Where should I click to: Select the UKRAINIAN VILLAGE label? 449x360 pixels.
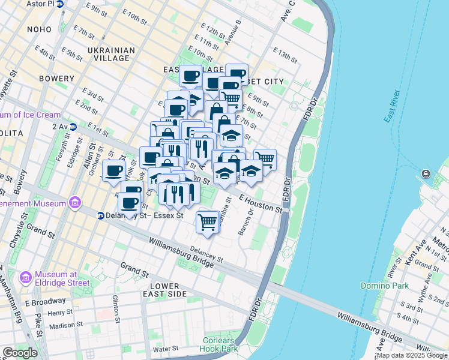coord(108,54)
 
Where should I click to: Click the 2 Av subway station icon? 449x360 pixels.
coord(73,127)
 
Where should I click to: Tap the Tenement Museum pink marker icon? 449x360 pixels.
coord(74,203)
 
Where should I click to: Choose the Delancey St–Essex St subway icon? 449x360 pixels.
coord(101,215)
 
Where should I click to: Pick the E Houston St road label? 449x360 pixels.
coord(260,202)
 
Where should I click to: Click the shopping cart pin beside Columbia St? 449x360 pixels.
coord(208,221)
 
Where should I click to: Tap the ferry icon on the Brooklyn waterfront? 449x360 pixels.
coord(426,174)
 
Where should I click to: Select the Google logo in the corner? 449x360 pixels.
coord(20,352)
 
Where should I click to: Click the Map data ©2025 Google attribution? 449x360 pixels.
coord(412,355)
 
